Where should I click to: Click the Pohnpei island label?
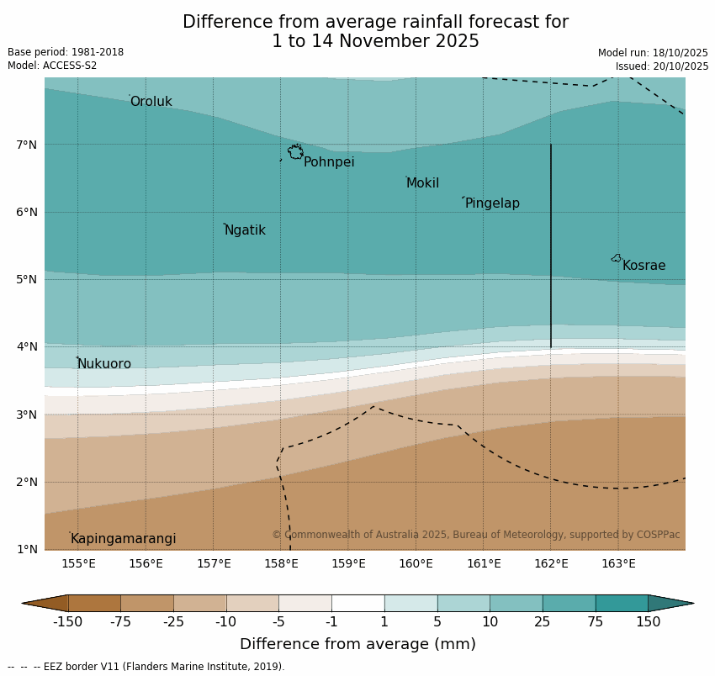click(x=329, y=162)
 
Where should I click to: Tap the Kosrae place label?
click(x=643, y=266)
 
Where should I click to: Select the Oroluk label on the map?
click(x=151, y=102)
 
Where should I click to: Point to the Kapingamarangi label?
click(x=123, y=539)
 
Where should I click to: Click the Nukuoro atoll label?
click(x=104, y=364)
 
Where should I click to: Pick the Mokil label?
click(x=422, y=183)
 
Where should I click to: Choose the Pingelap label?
click(x=492, y=203)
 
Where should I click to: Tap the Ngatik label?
click(x=245, y=230)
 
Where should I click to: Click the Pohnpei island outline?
click(x=295, y=152)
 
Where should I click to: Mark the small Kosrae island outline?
click(x=617, y=258)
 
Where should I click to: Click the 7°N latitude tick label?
click(x=27, y=145)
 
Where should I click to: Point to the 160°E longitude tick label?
click(x=416, y=563)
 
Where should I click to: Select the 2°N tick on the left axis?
click(x=27, y=482)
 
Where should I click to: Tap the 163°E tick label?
click(x=618, y=563)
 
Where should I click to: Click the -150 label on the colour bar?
click(x=67, y=622)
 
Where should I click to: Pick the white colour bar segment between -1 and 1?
click(x=357, y=603)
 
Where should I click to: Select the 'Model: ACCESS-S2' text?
click(x=52, y=66)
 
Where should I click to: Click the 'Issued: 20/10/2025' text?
click(x=661, y=66)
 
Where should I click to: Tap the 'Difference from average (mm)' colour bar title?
click(x=357, y=644)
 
